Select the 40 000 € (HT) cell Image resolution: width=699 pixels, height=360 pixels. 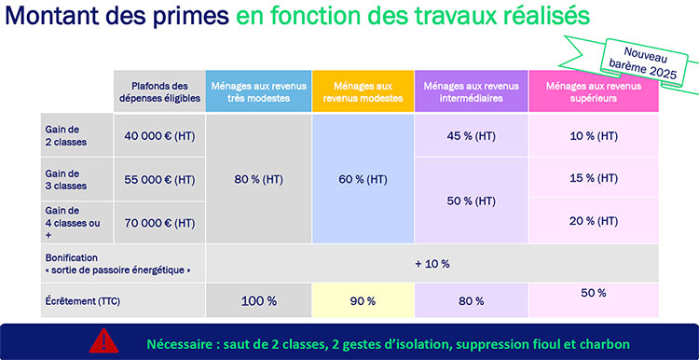tap(159, 136)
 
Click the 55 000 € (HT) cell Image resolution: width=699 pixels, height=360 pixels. tap(159, 179)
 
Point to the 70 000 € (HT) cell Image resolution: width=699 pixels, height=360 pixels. tap(159, 222)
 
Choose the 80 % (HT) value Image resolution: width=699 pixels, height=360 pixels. tap(258, 179)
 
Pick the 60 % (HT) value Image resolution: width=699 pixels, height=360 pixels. tap(363, 179)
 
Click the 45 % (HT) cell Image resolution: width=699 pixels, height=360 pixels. tap(472, 136)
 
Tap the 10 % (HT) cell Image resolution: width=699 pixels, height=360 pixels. tap(594, 136)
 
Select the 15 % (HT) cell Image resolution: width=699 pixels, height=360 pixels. tap(594, 178)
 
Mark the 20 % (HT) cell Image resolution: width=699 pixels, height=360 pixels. tap(594, 221)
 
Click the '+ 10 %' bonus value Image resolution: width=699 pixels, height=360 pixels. tap(432, 263)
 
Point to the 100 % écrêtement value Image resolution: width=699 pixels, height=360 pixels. tap(258, 301)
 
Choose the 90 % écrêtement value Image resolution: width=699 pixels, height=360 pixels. tap(363, 301)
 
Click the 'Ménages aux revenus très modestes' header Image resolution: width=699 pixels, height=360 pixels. tap(258, 91)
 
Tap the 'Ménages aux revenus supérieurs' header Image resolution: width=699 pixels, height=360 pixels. tap(594, 91)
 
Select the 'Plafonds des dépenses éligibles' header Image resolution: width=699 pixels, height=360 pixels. tap(159, 91)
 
